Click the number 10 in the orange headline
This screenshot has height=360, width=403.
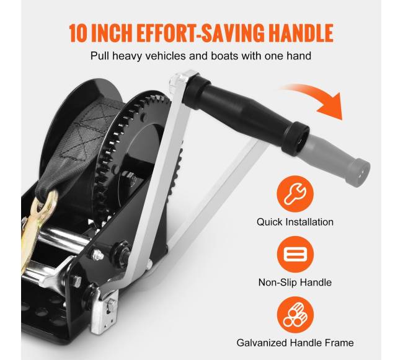[78, 33]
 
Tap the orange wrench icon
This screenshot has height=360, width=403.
[295, 194]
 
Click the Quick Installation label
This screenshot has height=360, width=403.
[295, 222]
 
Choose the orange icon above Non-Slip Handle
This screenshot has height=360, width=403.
[295, 255]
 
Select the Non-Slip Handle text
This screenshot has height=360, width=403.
[295, 283]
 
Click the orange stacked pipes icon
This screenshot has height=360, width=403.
[295, 315]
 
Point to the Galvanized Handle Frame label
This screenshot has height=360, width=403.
[295, 343]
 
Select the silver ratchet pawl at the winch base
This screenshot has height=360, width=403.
[104, 310]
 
